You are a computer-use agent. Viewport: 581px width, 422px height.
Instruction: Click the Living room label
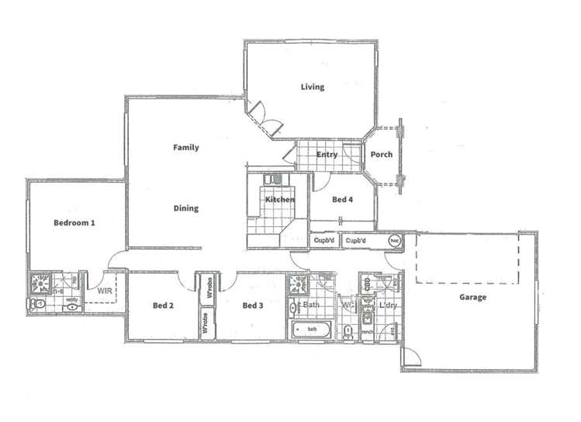point(313,87)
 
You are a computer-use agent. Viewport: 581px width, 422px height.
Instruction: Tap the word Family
point(186,148)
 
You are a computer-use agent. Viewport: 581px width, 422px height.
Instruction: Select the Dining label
point(186,208)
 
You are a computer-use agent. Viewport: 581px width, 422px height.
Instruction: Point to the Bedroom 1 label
point(74,223)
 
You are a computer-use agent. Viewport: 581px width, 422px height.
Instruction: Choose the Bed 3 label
point(253,305)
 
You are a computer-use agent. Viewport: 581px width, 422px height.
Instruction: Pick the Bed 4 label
point(343,200)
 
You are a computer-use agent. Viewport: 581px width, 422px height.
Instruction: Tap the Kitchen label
point(280,201)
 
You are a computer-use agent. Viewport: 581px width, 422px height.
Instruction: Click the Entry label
point(327,155)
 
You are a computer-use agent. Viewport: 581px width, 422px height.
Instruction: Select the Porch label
point(381,155)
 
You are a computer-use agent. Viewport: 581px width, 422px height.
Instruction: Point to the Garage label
point(472,297)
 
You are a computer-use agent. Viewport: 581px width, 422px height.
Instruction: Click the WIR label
point(105,291)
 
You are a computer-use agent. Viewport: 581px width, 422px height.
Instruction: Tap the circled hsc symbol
point(393,241)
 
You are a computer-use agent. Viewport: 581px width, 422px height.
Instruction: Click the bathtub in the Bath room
point(312,330)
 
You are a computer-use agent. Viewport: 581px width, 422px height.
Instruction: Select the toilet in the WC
point(349,332)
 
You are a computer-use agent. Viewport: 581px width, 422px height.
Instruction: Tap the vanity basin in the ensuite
point(72,307)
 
